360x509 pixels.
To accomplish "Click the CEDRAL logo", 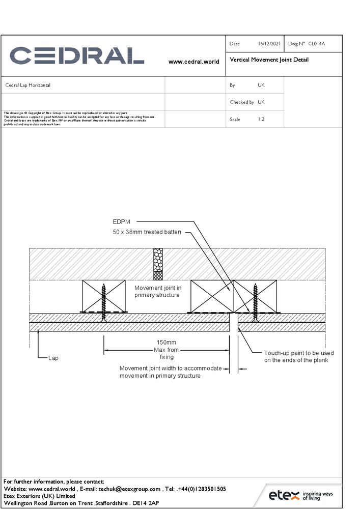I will (76, 55).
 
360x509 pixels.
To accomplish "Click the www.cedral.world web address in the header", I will (193, 62).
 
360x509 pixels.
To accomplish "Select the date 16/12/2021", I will (269, 44).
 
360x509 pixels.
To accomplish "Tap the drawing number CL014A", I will (316, 44).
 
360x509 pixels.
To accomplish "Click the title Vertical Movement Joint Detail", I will (269, 60).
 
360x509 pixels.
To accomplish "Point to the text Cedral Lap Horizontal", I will (27, 85).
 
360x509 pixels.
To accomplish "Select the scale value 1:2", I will (261, 119).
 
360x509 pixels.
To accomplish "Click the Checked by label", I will (242, 102).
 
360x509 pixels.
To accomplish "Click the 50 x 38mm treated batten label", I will (147, 232).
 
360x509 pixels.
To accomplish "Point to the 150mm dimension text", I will (167, 343).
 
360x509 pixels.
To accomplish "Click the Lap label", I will (53, 358).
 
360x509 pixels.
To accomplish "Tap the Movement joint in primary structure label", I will (157, 291).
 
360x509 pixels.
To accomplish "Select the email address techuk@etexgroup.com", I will (129, 489).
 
